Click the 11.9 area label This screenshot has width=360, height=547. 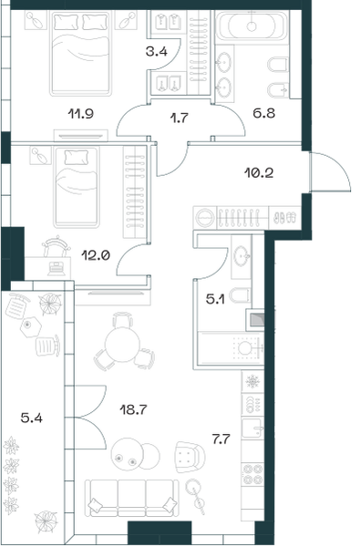80,113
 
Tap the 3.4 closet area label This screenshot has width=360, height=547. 156,52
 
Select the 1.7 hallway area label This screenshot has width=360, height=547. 179,118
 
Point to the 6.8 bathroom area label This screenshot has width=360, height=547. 263,113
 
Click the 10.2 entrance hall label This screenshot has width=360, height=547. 259,172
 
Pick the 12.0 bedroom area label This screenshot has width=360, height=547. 96,255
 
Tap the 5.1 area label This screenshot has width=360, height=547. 215,299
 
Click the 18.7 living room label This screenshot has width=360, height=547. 133,409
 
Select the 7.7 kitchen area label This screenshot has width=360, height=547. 221,439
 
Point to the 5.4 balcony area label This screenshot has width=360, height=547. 31,418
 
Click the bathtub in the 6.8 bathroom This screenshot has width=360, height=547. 252,26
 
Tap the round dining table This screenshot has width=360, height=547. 122,345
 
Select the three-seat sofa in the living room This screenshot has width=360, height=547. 132,498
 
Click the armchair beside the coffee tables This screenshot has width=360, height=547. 190,457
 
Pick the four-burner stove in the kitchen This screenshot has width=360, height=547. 252,473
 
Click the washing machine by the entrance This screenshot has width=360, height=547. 205,218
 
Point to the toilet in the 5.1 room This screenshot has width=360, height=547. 241,295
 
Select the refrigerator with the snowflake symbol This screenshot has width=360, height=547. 252,381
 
